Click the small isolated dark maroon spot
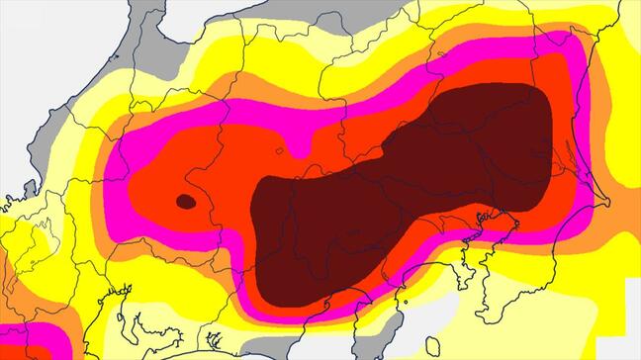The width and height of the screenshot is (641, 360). (x=185, y=201)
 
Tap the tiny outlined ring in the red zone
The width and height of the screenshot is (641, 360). (x=279, y=151)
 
